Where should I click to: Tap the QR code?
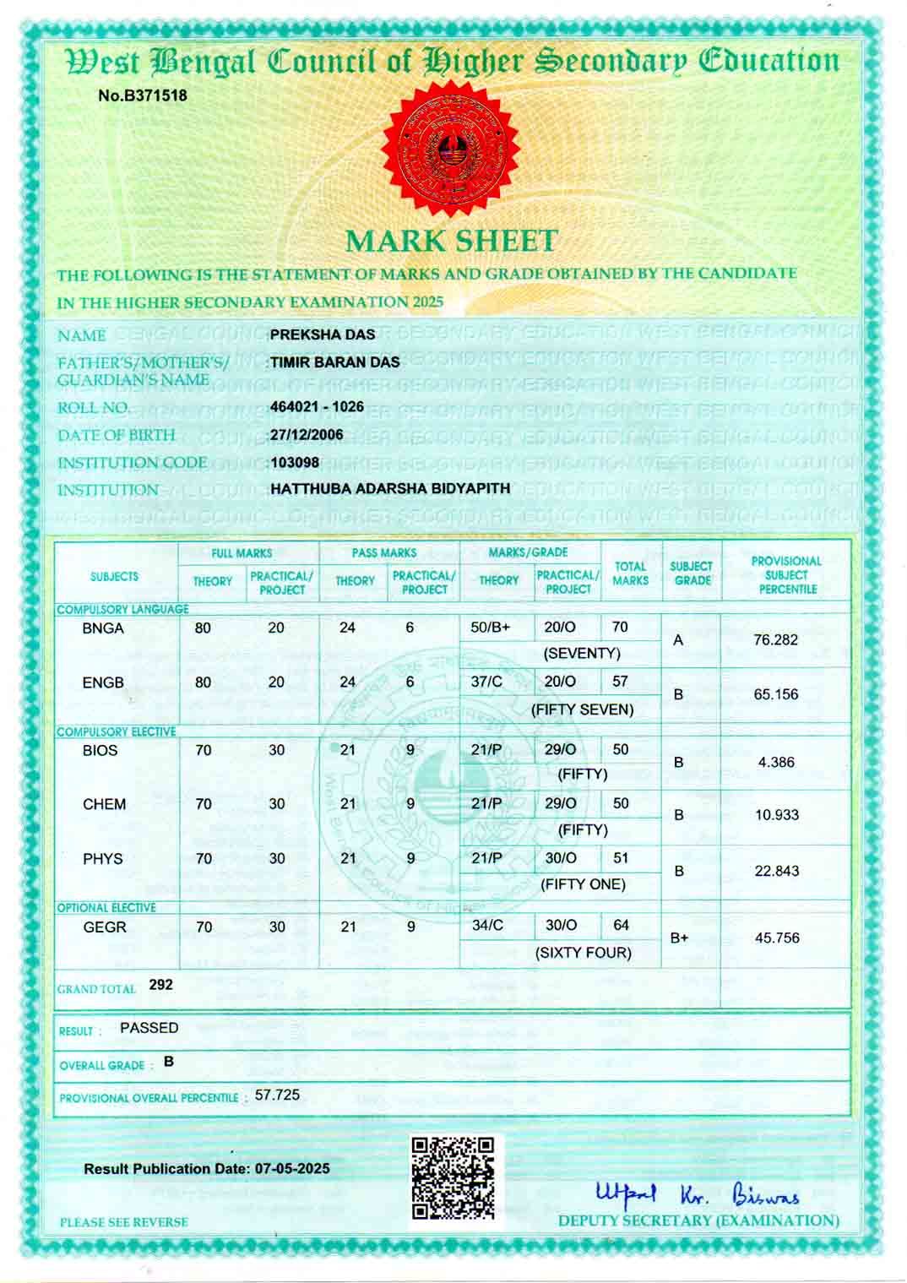pyautogui.click(x=453, y=1177)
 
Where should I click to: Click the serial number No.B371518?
pyautogui.click(x=143, y=95)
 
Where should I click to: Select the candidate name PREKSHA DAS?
pyautogui.click(x=323, y=334)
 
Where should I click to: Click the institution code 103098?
pyautogui.click(x=295, y=462)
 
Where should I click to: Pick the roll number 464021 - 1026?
pyautogui.click(x=317, y=406)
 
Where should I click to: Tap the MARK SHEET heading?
pyautogui.click(x=452, y=241)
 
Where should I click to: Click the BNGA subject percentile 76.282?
pyautogui.click(x=775, y=639)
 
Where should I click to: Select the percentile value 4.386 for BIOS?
pyautogui.click(x=775, y=762)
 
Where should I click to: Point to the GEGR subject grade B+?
pyautogui.click(x=679, y=938)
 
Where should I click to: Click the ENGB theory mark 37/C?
pyautogui.click(x=486, y=682)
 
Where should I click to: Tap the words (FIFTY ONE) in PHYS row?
pyautogui.click(x=583, y=884)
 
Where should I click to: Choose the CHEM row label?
pyautogui.click(x=104, y=804)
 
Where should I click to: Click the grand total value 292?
pyautogui.click(x=160, y=985)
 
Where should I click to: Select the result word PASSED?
pyautogui.click(x=149, y=1028)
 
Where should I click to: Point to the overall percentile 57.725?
pyautogui.click(x=277, y=1095)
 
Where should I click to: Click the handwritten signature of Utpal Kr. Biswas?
pyautogui.click(x=698, y=1194)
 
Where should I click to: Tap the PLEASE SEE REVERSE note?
pyautogui.click(x=123, y=1222)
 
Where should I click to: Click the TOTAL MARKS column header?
pyautogui.click(x=630, y=574)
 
